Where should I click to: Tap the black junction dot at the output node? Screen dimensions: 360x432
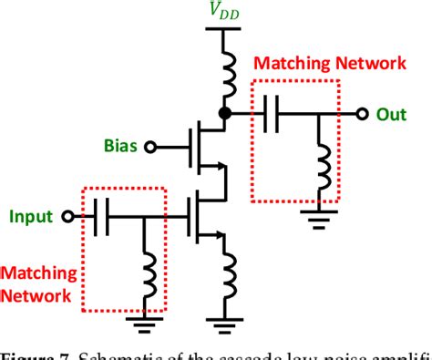click(x=223, y=114)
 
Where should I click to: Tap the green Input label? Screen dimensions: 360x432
click(x=32, y=217)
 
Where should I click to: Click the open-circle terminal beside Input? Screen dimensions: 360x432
click(x=67, y=218)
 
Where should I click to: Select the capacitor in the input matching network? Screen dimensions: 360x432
click(x=104, y=218)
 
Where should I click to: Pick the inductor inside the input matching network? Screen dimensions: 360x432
click(x=146, y=265)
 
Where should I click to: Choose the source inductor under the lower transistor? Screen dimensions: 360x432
click(x=223, y=273)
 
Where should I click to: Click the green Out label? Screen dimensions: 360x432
click(x=393, y=115)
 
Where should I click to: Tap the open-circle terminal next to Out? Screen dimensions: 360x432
click(x=363, y=114)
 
